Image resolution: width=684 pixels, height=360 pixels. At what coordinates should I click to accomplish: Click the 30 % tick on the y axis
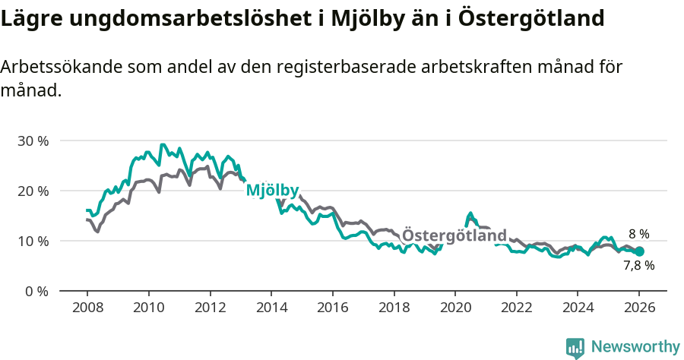(x=32, y=141)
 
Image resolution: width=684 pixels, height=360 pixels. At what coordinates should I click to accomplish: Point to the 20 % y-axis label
(x=32, y=191)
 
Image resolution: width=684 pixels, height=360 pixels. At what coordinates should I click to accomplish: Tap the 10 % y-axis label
(x=32, y=241)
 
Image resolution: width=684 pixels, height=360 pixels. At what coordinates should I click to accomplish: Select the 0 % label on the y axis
(x=36, y=291)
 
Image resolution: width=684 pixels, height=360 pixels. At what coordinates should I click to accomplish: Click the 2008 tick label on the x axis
(x=87, y=308)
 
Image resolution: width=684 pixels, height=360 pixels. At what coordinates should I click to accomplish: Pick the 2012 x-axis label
(x=210, y=308)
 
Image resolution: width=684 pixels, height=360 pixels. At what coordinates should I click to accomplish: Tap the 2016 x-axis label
(x=332, y=308)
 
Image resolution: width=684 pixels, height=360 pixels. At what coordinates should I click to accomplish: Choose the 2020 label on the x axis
(x=454, y=308)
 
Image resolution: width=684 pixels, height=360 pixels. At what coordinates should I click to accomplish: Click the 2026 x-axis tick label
(x=639, y=308)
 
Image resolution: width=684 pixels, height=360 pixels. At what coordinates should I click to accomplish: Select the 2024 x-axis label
(x=578, y=308)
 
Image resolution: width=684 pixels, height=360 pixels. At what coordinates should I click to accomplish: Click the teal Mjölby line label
(x=272, y=191)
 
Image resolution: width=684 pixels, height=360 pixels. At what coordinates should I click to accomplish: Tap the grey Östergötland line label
(x=454, y=235)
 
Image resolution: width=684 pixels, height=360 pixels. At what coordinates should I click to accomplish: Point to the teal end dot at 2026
(x=639, y=251)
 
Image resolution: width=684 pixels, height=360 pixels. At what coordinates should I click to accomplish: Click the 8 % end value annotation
(x=638, y=234)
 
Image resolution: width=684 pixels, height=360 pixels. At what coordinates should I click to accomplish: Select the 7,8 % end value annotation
(x=638, y=266)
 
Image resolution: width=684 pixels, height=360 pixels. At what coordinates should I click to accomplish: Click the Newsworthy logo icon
(x=575, y=348)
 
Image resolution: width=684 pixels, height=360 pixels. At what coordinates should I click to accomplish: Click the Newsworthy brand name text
(x=635, y=347)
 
